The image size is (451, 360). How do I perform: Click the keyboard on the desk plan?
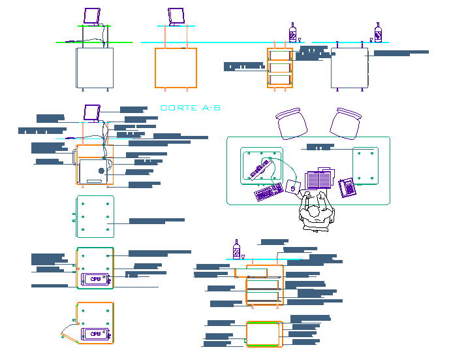click(268, 192)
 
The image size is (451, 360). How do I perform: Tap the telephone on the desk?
click(347, 188)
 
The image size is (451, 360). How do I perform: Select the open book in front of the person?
click(320, 177)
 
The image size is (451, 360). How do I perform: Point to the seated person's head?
click(315, 212)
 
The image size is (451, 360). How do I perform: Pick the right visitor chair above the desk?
click(345, 122)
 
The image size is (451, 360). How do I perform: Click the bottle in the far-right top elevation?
click(378, 33)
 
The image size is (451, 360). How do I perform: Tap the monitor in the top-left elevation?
click(93, 16)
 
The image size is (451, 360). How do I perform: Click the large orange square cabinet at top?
click(176, 67)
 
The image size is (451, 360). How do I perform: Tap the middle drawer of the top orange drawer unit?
click(279, 67)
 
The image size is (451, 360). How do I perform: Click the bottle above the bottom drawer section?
click(237, 250)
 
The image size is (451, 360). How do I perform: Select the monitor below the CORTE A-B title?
click(91, 112)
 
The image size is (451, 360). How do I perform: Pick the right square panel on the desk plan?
click(365, 166)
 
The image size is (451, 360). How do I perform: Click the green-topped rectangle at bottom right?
click(264, 333)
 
